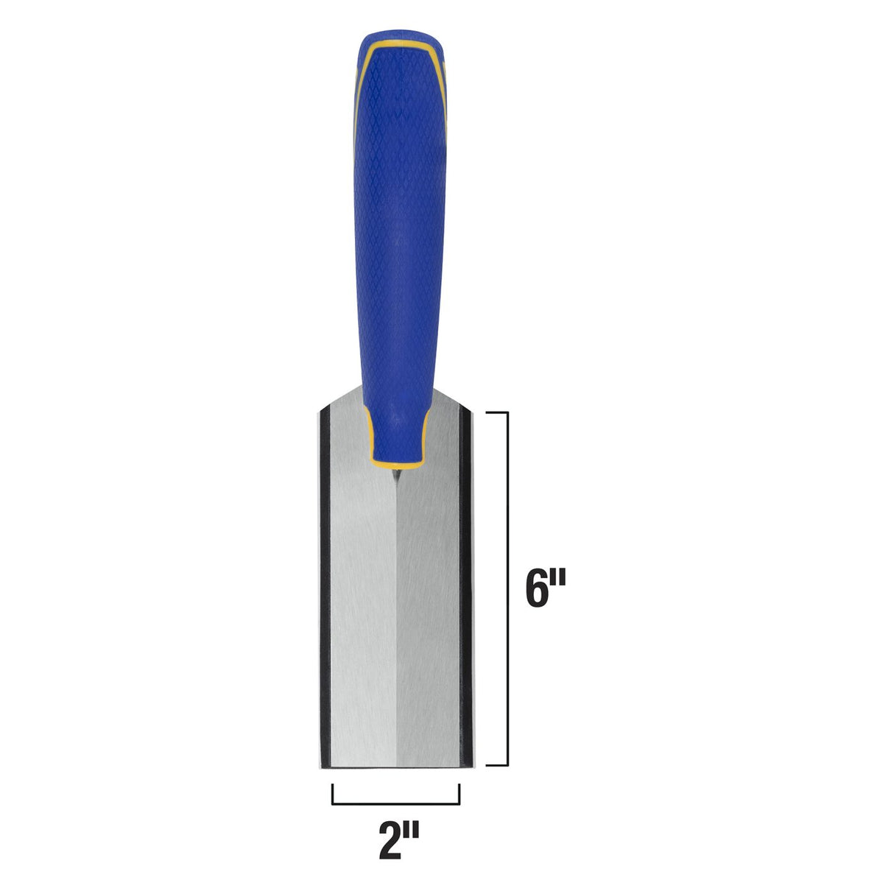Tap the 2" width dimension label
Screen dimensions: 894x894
398,842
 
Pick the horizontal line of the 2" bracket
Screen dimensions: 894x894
396,803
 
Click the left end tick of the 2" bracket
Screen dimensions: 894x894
333,794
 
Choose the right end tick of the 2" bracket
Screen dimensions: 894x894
460,794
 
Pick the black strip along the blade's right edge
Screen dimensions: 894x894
465,589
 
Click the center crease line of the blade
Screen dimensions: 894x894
397,626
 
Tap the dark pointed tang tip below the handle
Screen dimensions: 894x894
395,476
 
